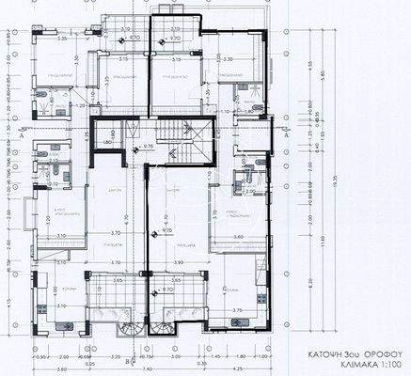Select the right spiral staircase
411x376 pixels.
point(163,330)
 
